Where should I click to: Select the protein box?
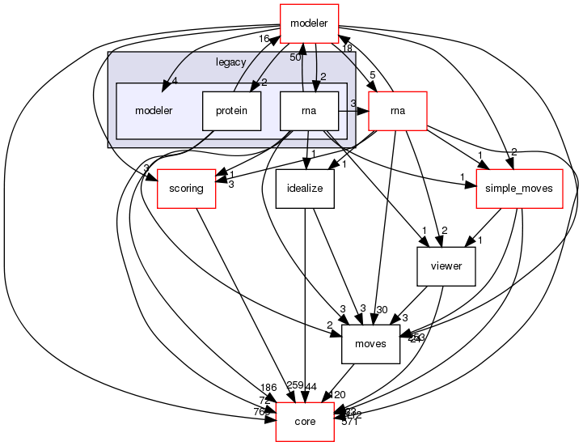(232, 111)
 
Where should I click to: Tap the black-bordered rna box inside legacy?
(309, 111)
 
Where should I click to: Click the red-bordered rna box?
(397, 111)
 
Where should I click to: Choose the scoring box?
(187, 189)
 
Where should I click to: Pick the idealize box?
(305, 189)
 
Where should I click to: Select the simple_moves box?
(519, 189)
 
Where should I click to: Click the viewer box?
(446, 266)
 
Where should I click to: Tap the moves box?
(371, 344)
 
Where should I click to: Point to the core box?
(305, 422)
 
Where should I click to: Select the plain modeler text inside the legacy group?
(154, 111)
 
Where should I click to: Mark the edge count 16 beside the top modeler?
(264, 39)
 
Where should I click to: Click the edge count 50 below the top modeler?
(296, 57)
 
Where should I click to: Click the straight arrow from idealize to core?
(305, 308)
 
